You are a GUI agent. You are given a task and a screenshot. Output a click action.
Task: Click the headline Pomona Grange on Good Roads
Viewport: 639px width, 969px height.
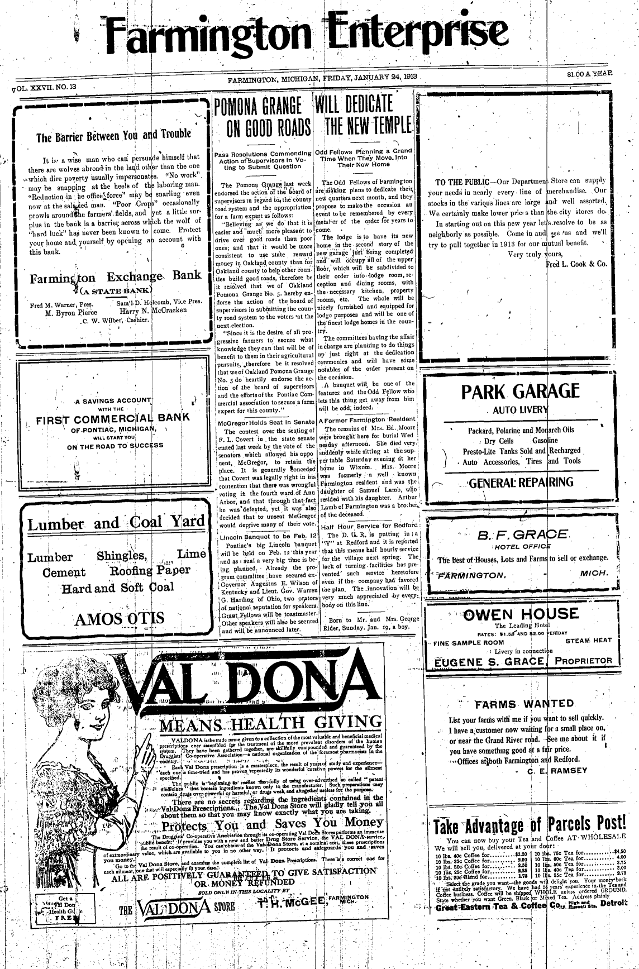(263, 118)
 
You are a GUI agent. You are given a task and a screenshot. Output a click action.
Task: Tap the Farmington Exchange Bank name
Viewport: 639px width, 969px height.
(116, 276)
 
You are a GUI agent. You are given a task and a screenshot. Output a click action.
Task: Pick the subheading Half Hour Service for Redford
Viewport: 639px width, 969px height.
(369, 526)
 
